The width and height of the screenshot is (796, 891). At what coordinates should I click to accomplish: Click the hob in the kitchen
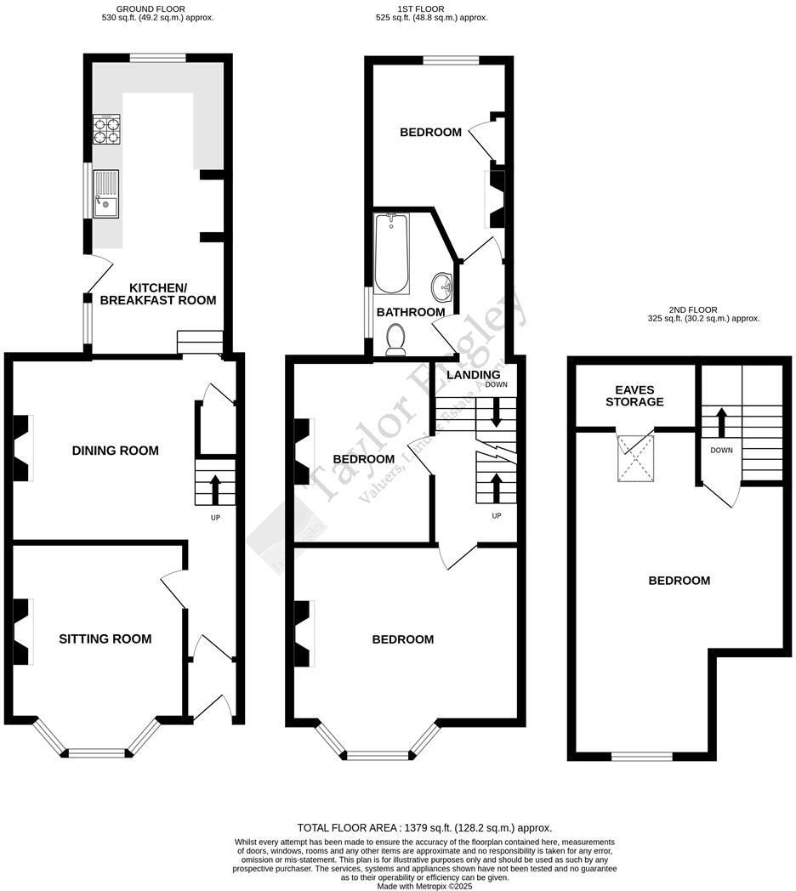tap(106, 128)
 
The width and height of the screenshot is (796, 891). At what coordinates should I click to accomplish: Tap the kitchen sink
tap(107, 194)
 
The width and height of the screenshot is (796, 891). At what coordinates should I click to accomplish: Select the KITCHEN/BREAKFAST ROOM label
tap(158, 293)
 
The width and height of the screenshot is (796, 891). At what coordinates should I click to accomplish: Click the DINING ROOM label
tap(115, 451)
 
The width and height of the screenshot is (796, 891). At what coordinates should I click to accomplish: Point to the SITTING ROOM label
tap(105, 638)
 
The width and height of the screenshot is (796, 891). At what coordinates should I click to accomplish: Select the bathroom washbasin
tap(441, 287)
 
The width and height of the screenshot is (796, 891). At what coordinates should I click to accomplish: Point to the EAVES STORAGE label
tap(634, 395)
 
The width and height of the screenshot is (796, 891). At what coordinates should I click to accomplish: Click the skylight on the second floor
tap(634, 457)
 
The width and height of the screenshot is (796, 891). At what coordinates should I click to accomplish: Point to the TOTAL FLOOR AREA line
tap(424, 827)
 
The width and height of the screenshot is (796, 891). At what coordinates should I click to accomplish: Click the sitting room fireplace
tap(22, 631)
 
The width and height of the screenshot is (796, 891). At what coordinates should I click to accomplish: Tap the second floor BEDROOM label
tap(679, 581)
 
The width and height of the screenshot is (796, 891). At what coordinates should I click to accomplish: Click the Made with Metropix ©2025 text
tap(424, 886)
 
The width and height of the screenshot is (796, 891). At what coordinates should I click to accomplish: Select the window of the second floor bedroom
tap(643, 755)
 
